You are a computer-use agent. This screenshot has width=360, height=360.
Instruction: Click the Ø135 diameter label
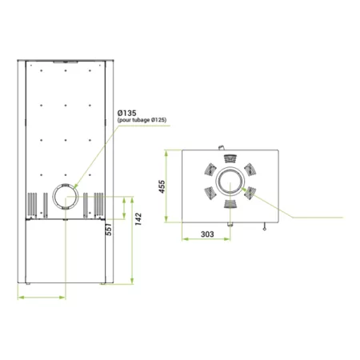click(x=127, y=113)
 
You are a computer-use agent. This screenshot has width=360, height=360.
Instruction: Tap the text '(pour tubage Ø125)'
click(x=142, y=120)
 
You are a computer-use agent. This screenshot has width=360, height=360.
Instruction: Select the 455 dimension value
click(x=162, y=186)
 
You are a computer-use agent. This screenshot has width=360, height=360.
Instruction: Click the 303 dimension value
click(x=207, y=234)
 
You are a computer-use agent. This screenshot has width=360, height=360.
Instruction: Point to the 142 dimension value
click(x=138, y=219)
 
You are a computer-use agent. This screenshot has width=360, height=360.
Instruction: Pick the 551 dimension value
click(x=109, y=230)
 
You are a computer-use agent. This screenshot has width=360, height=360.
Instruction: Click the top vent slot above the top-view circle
click(x=230, y=158)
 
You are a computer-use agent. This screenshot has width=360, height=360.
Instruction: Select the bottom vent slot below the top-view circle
click(x=230, y=204)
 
